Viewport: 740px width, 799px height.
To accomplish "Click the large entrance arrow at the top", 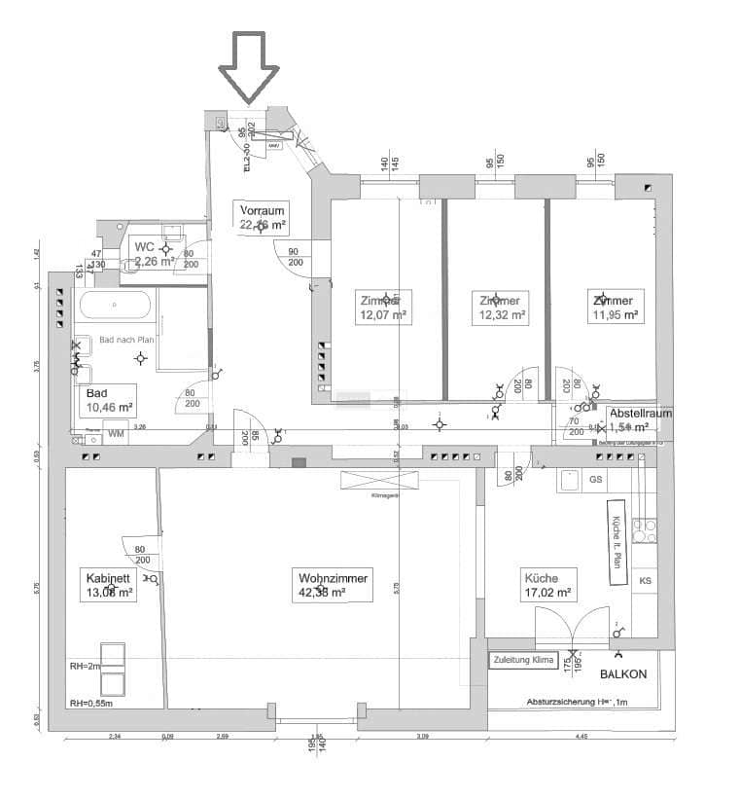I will point(248,66).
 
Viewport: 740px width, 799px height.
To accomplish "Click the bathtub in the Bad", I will point(115,306).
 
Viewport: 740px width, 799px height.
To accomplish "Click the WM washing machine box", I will point(116,433).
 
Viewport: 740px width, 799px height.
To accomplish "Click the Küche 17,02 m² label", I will point(546,583).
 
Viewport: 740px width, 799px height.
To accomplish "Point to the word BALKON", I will point(622,673).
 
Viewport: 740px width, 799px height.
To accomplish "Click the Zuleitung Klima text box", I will point(523,661).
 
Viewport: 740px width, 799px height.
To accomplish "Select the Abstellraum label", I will point(640,413).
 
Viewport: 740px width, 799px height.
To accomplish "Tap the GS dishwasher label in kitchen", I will point(596,480).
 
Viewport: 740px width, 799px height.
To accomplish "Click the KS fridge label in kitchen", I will point(645,581).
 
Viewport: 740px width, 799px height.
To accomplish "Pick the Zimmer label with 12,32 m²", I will point(504,308).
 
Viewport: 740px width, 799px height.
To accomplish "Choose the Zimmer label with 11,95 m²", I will point(616,308).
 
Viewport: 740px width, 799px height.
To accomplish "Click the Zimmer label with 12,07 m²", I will point(383,308).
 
